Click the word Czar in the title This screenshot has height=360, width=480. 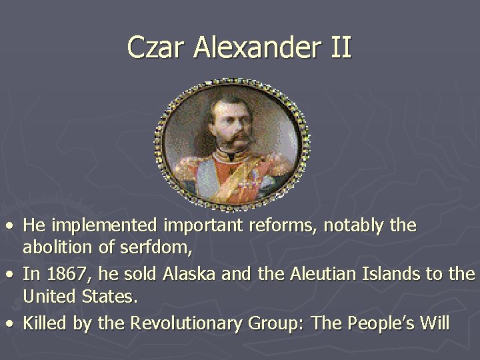[153, 47]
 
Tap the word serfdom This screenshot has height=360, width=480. [159, 249]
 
